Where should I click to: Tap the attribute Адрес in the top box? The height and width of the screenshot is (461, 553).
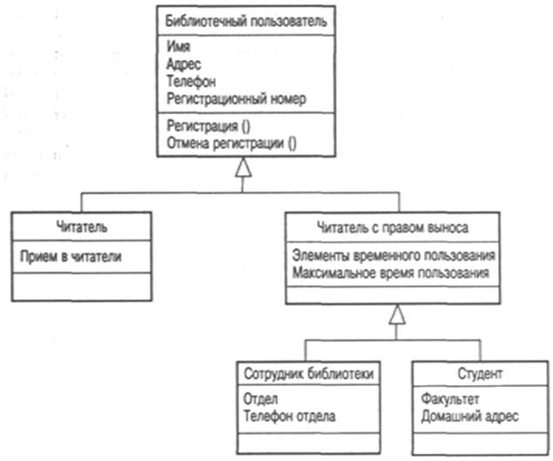click(x=181, y=64)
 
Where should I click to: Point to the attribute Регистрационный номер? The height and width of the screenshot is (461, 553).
click(x=234, y=99)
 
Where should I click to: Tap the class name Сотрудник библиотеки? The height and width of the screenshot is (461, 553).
click(x=309, y=374)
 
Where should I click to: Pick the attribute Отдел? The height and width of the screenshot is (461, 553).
click(x=261, y=398)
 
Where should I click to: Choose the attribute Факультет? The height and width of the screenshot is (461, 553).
click(x=451, y=398)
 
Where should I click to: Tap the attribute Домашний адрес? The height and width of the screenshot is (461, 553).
click(x=469, y=416)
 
